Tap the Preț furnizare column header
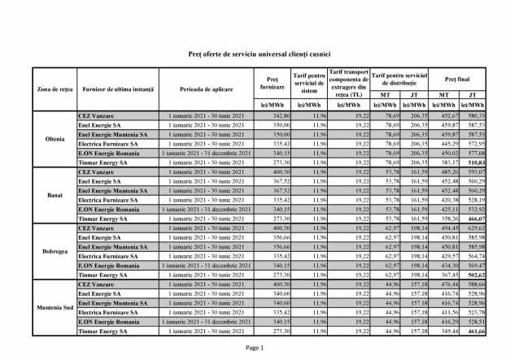[x=266, y=83]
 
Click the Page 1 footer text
[x=255, y=347]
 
